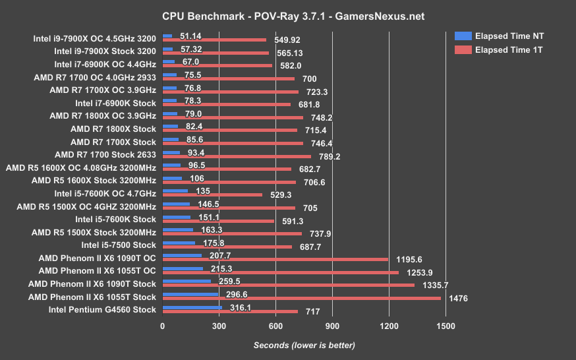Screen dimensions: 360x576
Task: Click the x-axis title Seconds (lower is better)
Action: [x=304, y=345]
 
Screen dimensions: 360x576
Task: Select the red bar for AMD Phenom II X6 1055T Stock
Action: [x=302, y=298]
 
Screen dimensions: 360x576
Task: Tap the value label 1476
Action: [x=457, y=299]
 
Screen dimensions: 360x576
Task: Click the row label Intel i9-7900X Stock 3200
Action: [x=105, y=50]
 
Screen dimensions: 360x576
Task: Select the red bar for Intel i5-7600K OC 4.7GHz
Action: [x=212, y=195]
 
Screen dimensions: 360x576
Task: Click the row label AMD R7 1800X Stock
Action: [x=113, y=129]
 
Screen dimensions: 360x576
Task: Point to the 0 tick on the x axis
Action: [x=163, y=326]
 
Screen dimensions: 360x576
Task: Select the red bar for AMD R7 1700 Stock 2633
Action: [x=237, y=156]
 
